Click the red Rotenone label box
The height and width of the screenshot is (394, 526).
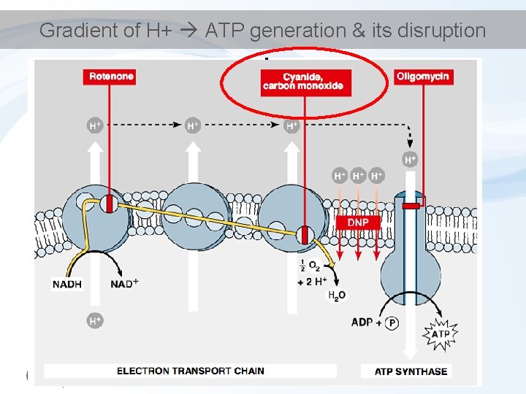point(112,76)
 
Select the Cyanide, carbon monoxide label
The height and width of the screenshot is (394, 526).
point(303,81)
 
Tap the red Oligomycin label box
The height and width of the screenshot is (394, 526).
point(423,76)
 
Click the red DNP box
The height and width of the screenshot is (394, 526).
point(358,222)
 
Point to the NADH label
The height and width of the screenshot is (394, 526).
point(67,284)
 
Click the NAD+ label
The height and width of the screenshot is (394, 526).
point(125,284)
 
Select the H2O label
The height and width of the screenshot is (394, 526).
point(337,295)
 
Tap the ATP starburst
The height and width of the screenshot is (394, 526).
point(441,334)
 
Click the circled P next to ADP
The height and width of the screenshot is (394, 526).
point(392,322)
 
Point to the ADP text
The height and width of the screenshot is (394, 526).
point(362,322)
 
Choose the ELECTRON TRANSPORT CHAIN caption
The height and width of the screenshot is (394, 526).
point(191,371)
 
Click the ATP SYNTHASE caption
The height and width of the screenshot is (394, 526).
point(411,371)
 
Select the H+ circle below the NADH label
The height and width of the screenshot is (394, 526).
point(95,320)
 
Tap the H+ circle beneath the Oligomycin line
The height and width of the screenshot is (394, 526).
point(411,158)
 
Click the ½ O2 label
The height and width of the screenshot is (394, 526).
point(309,267)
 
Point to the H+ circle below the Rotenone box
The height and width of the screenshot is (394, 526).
point(95,125)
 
